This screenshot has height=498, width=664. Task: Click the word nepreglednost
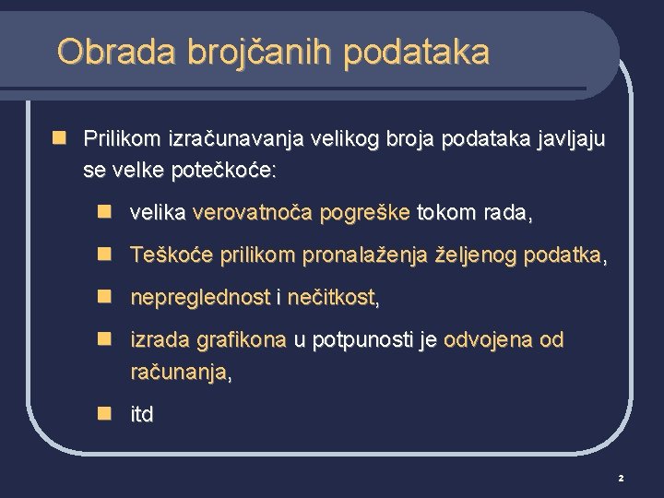200,298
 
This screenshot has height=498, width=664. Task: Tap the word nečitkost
331,298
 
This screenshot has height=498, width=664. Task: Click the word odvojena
485,340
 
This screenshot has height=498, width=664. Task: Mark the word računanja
179,372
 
